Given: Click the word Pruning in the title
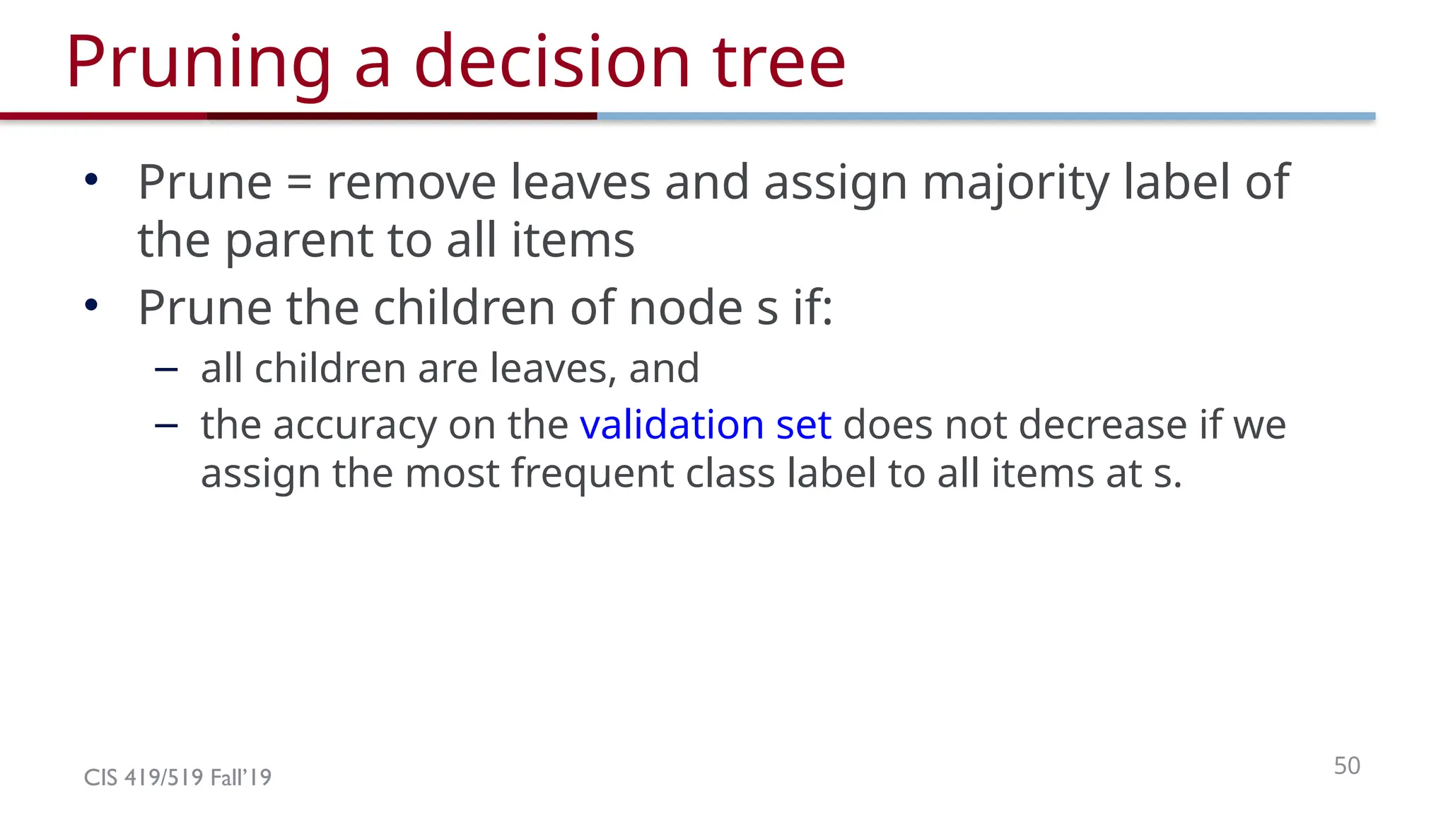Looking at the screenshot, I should (198, 64).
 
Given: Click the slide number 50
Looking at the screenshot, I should (1346, 765).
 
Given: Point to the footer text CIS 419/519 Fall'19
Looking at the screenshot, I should (177, 778).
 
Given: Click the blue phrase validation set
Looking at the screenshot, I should (705, 424).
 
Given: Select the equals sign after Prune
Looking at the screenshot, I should (299, 183).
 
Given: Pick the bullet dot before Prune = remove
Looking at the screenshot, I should (90, 180).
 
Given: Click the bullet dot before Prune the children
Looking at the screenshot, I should (90, 306).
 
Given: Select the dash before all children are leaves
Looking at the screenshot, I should (165, 369).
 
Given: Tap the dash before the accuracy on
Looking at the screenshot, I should (165, 425).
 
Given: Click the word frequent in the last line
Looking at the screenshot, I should (592, 473).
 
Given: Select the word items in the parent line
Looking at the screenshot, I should (573, 241).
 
